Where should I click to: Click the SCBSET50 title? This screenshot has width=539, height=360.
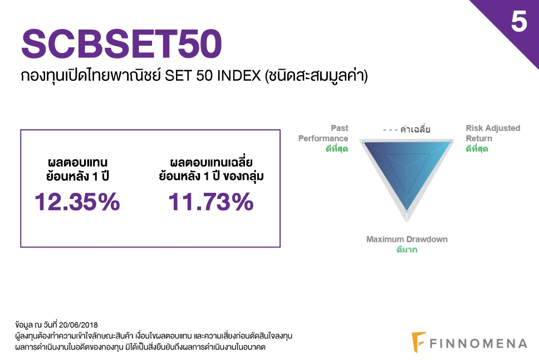tap(121, 43)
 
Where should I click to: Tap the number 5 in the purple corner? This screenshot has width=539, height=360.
tap(519, 21)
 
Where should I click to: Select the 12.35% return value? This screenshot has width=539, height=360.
tap(77, 202)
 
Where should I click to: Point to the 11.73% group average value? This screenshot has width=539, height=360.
tap(211, 202)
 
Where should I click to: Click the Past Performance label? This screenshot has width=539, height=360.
tap(323, 133)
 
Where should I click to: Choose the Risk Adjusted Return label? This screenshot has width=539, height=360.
tap(493, 133)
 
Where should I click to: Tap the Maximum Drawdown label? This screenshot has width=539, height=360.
tap(407, 239)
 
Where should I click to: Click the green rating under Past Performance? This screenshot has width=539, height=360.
tap(337, 149)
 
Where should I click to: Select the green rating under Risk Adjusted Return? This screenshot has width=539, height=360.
tap(477, 149)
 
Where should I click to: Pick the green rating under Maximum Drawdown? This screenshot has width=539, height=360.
tap(407, 249)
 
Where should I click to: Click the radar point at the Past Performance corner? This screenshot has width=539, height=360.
tap(364, 142)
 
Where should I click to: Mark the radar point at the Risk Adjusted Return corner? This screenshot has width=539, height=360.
tap(451, 142)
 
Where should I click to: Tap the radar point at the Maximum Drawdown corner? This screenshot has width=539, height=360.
tap(407, 211)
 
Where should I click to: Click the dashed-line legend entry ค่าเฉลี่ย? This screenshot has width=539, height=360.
tap(406, 129)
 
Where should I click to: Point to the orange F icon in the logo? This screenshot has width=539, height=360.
tap(418, 342)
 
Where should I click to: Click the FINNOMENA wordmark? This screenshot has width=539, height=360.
tap(478, 343)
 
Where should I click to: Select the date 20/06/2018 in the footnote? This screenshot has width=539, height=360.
tap(79, 325)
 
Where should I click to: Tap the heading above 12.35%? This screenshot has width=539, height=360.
tap(77, 169)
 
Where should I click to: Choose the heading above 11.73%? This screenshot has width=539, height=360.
tap(211, 169)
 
